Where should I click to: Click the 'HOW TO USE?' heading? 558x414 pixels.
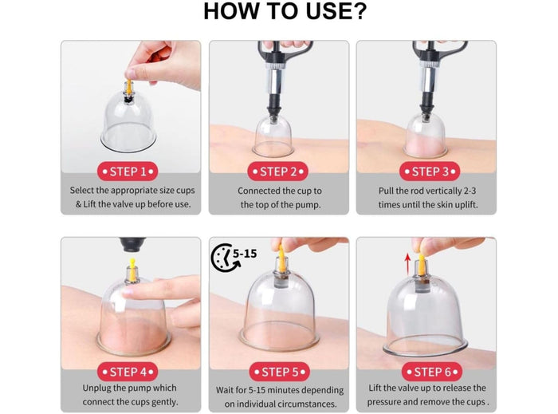click(x=285, y=11)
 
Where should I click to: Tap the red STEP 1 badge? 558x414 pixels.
click(x=128, y=172)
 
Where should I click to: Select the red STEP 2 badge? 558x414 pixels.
click(x=278, y=172)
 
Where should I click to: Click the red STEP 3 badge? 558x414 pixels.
click(x=430, y=172)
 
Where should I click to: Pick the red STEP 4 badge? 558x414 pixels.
click(x=128, y=372)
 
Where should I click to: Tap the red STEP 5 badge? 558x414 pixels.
click(x=280, y=372)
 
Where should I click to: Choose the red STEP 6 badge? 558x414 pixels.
click(x=432, y=372)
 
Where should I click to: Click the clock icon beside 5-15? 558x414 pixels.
click(x=223, y=258)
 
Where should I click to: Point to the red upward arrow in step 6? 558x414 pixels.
click(x=408, y=262)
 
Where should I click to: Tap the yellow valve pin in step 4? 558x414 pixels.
click(x=132, y=270)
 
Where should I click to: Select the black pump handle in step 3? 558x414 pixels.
click(x=441, y=49)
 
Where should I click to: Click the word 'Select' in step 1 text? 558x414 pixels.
click(x=82, y=190)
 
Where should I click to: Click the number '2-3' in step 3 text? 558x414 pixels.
click(x=469, y=191)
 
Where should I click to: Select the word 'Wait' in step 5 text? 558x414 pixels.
click(x=224, y=390)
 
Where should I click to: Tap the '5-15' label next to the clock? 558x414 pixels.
click(x=245, y=254)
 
